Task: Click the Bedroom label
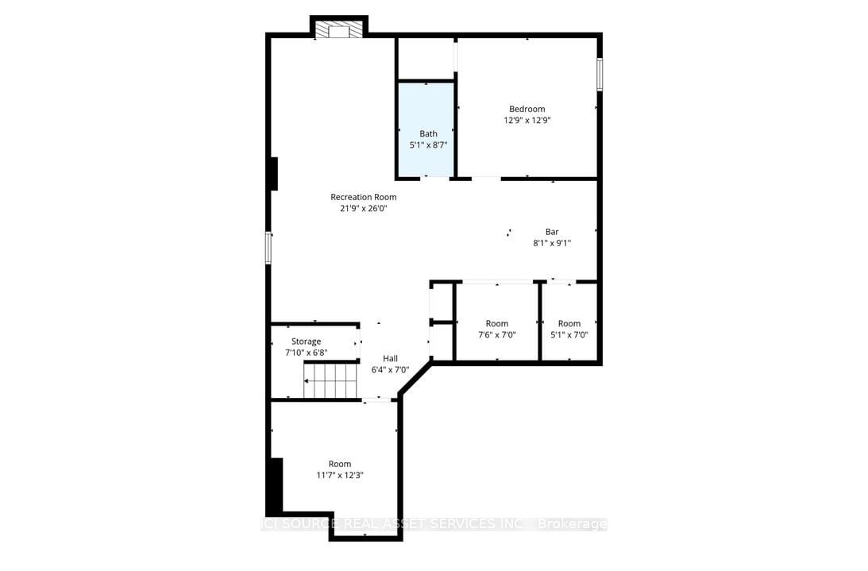pyautogui.click(x=527, y=109)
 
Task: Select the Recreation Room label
pyautogui.click(x=363, y=197)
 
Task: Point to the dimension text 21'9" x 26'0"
pyautogui.click(x=363, y=209)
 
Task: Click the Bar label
pyautogui.click(x=551, y=232)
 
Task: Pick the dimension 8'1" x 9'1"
pyautogui.click(x=551, y=244)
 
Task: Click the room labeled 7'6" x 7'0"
pyautogui.click(x=496, y=329)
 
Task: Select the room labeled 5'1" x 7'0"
pyautogui.click(x=569, y=329)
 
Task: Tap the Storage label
pyautogui.click(x=306, y=341)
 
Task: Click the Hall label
pyautogui.click(x=390, y=358)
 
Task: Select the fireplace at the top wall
pyautogui.click(x=339, y=30)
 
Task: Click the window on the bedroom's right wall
pyautogui.click(x=600, y=75)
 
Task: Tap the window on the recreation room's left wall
pyautogui.click(x=268, y=248)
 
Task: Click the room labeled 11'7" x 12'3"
pyautogui.click(x=339, y=469)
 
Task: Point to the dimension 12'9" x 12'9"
pyautogui.click(x=527, y=121)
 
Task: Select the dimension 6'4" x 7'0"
pyautogui.click(x=390, y=370)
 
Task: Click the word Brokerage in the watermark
pyautogui.click(x=573, y=524)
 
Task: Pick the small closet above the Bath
pyautogui.click(x=425, y=58)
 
